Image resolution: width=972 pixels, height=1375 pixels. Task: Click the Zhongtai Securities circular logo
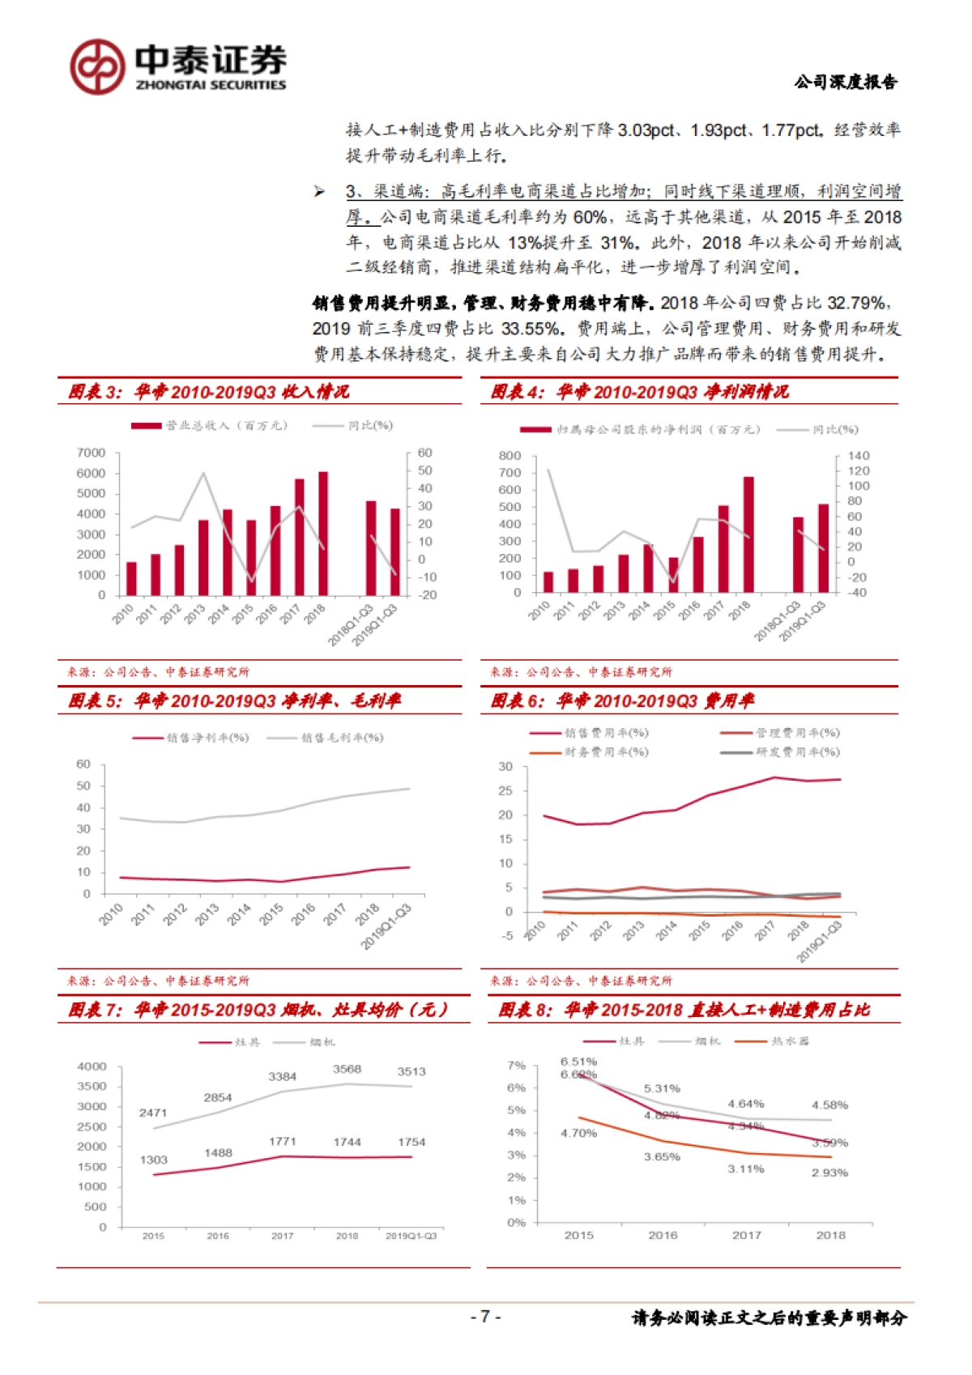pyautogui.click(x=97, y=66)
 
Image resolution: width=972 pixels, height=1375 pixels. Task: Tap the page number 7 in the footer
pyautogui.click(x=485, y=1317)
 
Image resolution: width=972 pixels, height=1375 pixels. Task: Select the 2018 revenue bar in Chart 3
pyautogui.click(x=323, y=533)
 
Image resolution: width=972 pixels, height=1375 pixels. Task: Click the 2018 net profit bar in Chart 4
pyautogui.click(x=748, y=534)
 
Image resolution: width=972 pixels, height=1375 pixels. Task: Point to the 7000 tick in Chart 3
pyautogui.click(x=92, y=453)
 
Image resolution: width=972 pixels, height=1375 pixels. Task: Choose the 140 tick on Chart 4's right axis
pyautogui.click(x=859, y=456)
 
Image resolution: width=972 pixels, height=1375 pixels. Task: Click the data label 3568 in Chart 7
pyautogui.click(x=347, y=1069)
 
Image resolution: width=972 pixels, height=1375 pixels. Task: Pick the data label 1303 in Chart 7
pyautogui.click(x=154, y=1160)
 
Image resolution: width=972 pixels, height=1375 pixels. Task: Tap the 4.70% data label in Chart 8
pyautogui.click(x=578, y=1133)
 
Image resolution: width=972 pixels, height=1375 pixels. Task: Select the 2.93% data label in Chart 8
pyautogui.click(x=829, y=1173)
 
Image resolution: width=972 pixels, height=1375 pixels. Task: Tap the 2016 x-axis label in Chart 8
pyautogui.click(x=663, y=1235)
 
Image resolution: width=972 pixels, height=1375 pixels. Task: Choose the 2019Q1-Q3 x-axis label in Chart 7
pyautogui.click(x=411, y=1236)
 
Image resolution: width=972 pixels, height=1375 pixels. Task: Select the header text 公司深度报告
pyautogui.click(x=846, y=82)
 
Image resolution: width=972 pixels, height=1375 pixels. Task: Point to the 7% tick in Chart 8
pyautogui.click(x=517, y=1065)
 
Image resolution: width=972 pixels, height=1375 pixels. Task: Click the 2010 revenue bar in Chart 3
pyautogui.click(x=131, y=578)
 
